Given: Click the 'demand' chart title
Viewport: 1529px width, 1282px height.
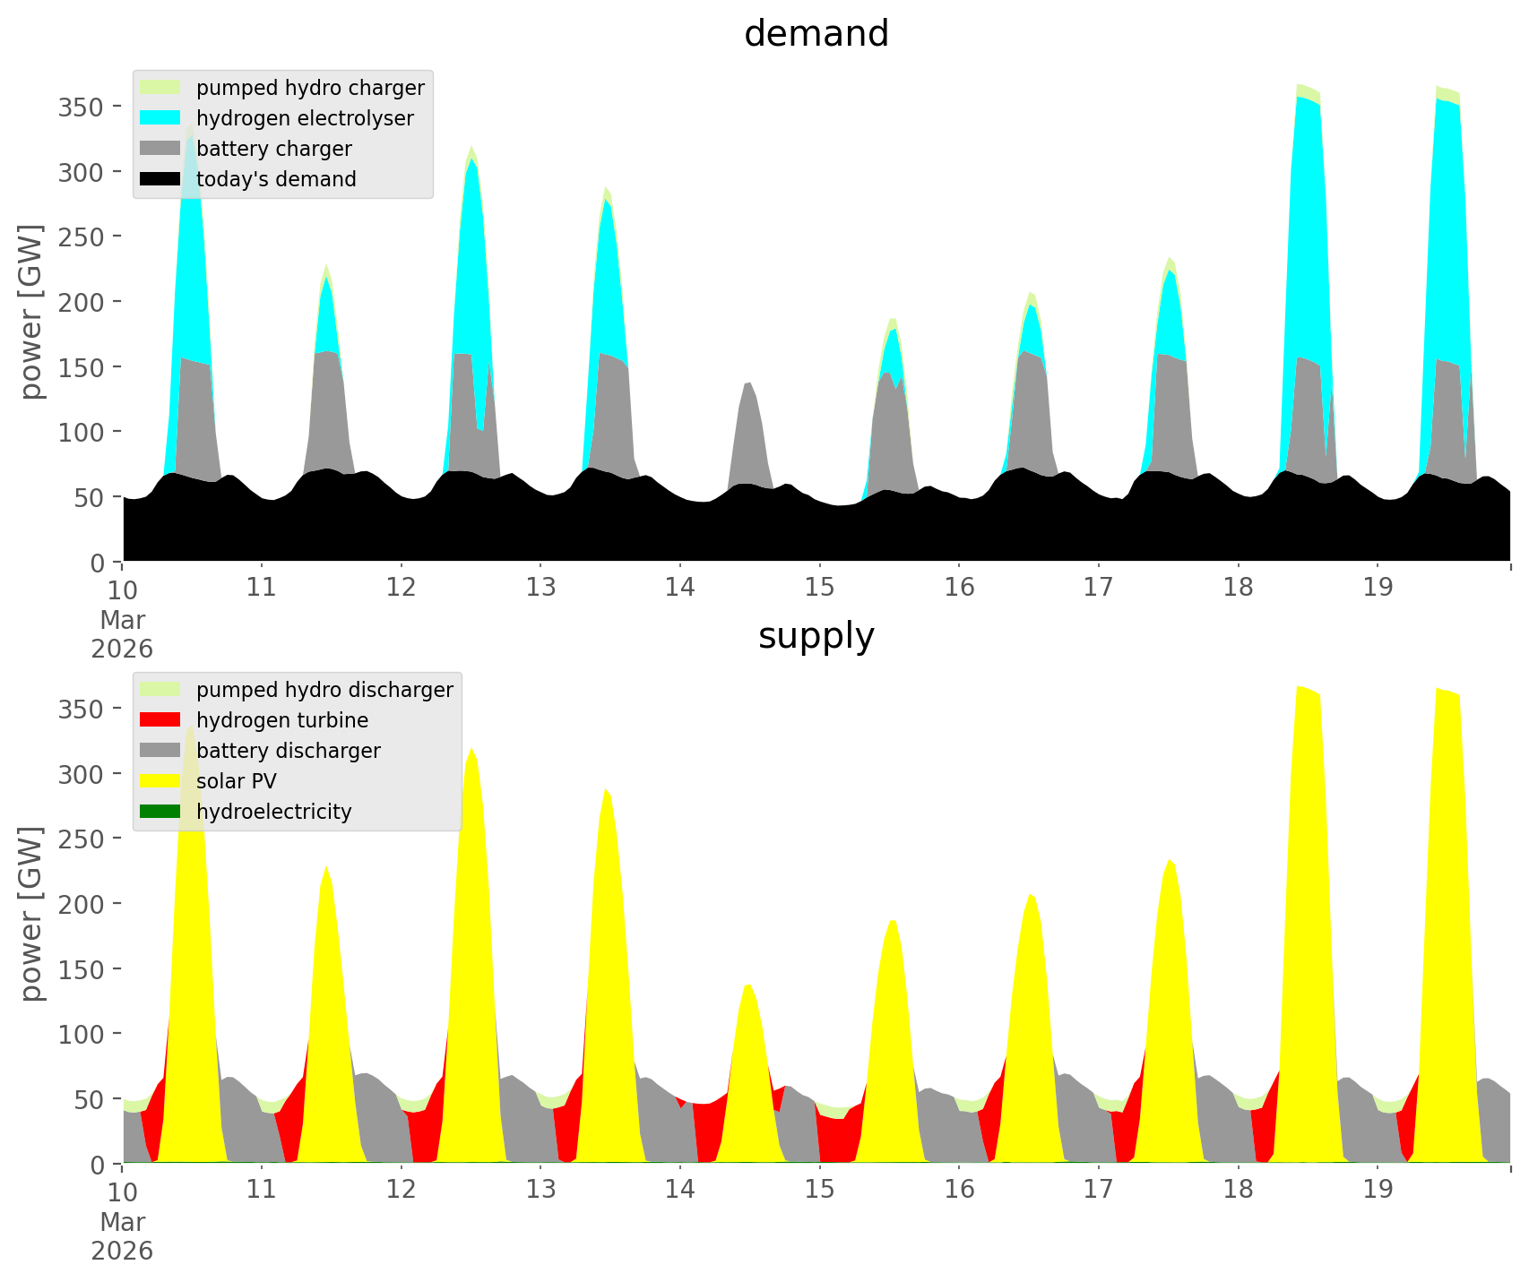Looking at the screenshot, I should click(x=816, y=34).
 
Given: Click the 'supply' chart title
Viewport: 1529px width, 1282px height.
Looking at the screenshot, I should click(x=816, y=636).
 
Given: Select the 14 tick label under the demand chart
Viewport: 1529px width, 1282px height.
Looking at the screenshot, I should click(x=680, y=588).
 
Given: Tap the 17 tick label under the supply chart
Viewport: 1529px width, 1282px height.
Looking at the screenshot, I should click(x=1098, y=1190).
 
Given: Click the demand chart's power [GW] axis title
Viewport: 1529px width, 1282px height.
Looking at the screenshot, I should click(x=31, y=312).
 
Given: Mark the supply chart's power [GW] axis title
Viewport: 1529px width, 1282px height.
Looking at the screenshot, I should click(x=31, y=914).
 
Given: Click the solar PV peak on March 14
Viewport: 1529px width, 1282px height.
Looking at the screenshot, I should click(x=749, y=985).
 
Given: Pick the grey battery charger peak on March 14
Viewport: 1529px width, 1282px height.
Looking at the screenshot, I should click(x=749, y=383).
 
